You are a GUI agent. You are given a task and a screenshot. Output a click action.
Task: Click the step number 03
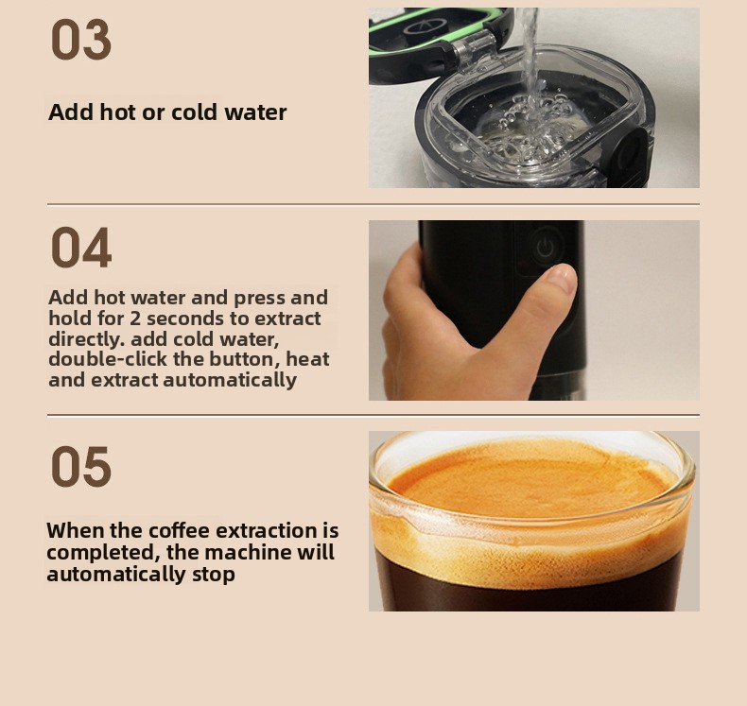tap(81, 40)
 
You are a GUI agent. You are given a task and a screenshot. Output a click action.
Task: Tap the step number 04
tap(81, 248)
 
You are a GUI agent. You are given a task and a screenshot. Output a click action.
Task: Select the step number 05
tap(81, 467)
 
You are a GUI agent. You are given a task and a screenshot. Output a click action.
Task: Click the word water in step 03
tap(256, 112)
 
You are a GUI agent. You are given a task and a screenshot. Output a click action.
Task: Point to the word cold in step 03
tap(196, 112)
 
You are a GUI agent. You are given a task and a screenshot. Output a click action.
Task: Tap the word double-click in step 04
tap(108, 359)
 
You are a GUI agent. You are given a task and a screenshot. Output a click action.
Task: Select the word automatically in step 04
tap(230, 380)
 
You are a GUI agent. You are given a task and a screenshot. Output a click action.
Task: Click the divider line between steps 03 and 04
tap(373, 205)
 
